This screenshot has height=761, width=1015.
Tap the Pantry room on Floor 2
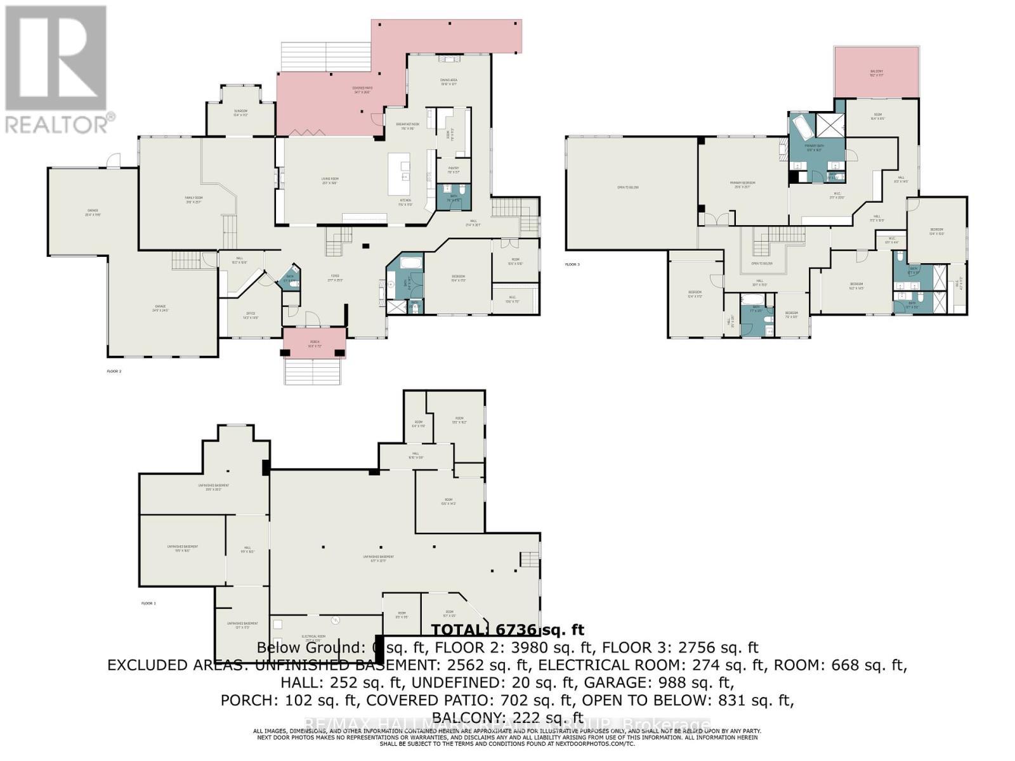click(453, 169)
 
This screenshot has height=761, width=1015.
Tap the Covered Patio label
click(362, 89)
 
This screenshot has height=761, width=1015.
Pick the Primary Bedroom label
click(742, 183)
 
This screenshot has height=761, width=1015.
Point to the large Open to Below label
click(627, 188)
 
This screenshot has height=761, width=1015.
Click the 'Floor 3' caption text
click(572, 264)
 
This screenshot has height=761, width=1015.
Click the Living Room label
click(329, 180)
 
